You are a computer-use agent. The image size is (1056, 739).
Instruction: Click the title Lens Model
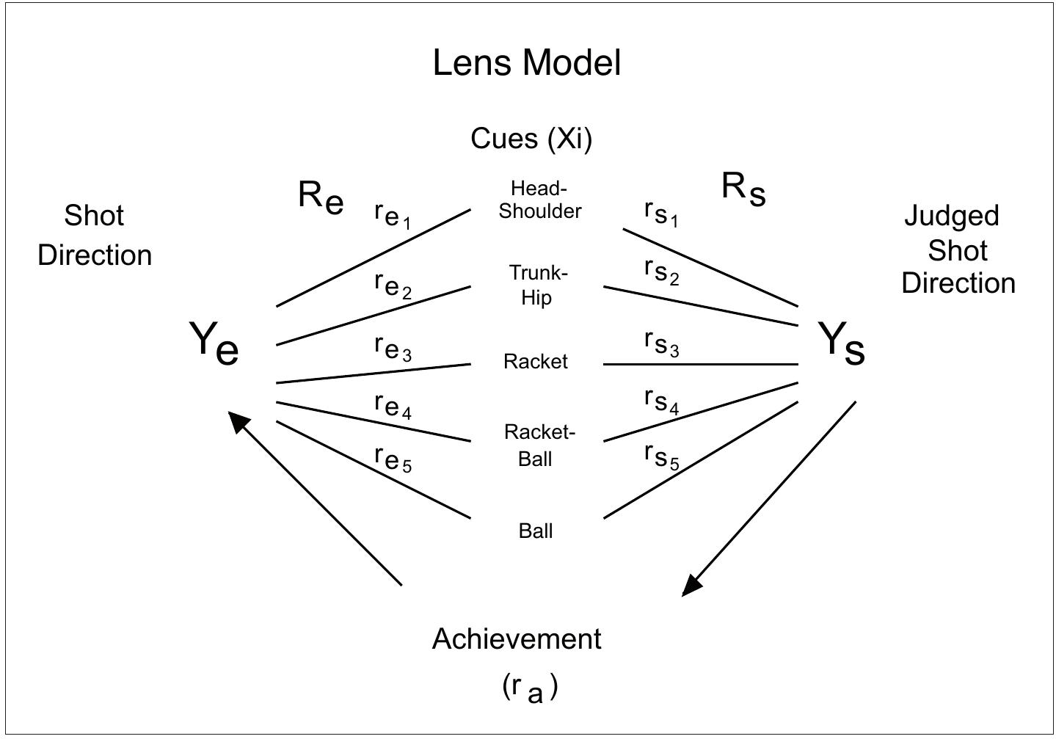526,63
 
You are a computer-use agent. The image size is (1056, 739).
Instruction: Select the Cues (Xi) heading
531,138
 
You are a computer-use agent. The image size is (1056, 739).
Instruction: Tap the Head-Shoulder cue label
539,200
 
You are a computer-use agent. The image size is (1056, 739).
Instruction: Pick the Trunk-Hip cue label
538,285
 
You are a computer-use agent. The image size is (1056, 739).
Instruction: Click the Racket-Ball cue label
539,445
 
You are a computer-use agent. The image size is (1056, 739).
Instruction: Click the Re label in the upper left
321,197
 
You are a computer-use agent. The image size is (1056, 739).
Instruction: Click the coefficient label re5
393,459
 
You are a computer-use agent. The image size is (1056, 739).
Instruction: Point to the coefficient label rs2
661,272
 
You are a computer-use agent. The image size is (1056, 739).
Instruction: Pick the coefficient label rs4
661,401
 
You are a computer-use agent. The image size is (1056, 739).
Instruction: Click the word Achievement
517,639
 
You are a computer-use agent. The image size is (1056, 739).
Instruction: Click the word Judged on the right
951,216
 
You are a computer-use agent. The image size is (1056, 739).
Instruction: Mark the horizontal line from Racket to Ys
701,364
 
